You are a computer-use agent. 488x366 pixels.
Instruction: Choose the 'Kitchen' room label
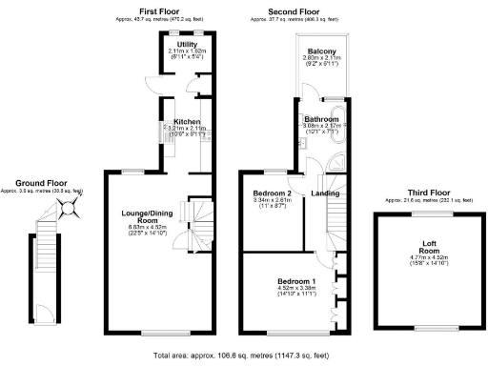(x=186, y=121)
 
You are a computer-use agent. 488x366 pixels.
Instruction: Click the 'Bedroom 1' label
(x=295, y=282)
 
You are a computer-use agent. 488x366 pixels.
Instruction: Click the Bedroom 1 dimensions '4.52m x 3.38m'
(x=295, y=291)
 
